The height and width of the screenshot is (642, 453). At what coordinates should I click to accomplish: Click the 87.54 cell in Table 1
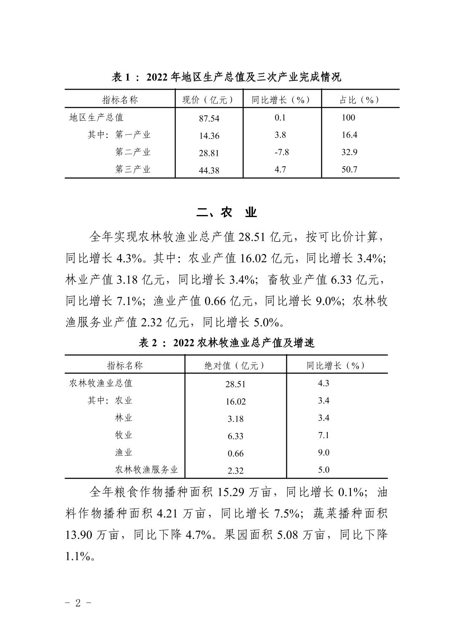point(209,118)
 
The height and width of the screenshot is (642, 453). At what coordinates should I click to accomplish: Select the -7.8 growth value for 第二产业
point(280,152)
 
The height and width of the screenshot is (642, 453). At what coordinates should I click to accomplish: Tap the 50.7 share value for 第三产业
point(349,169)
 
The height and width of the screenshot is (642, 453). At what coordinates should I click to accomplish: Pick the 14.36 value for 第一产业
point(209,136)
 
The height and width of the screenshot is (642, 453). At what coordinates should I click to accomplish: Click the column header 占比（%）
point(360,100)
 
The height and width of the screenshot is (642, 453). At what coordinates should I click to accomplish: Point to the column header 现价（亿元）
point(208,100)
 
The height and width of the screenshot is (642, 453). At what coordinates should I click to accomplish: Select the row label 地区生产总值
point(97,117)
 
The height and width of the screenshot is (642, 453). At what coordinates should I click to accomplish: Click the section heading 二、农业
point(227,212)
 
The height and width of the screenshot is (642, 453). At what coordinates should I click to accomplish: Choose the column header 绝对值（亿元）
point(235,365)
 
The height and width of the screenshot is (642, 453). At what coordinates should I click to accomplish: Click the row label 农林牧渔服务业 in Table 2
point(146,470)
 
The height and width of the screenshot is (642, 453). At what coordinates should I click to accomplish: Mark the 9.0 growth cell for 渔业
point(324,452)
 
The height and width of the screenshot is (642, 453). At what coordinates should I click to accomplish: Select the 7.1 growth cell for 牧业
point(324,435)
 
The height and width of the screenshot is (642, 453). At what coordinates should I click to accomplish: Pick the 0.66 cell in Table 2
point(235,454)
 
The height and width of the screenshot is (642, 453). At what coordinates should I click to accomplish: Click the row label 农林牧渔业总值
point(101,383)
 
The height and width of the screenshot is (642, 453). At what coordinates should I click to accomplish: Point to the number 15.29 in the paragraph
point(231,492)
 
